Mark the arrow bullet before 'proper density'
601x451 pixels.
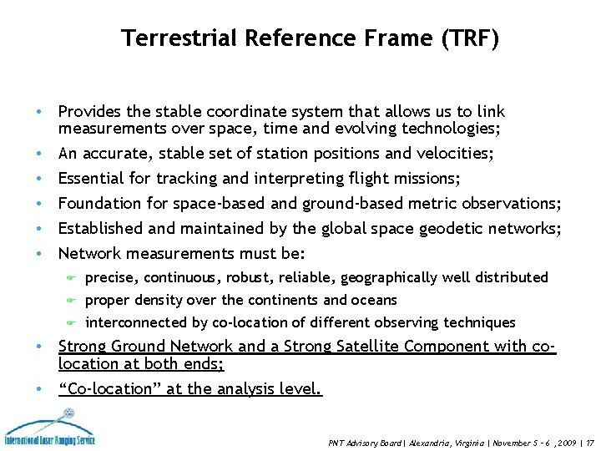72,301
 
